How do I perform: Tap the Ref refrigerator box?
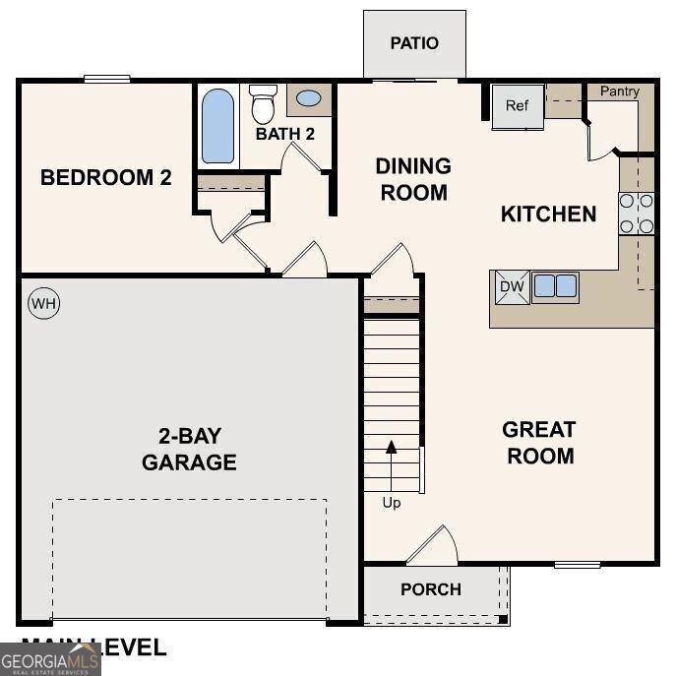[x=518, y=106]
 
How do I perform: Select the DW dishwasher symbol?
[x=511, y=286]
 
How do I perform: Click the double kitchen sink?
[x=554, y=286]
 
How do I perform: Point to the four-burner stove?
[x=637, y=214]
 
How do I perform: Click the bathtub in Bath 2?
[x=217, y=126]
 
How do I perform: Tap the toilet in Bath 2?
[x=263, y=103]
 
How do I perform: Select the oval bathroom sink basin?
[x=309, y=99]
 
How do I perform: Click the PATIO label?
[x=414, y=43]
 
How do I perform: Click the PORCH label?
[x=431, y=589]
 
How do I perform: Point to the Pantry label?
[x=620, y=92]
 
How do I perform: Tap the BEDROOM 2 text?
[x=106, y=178]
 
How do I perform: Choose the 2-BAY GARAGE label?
[x=189, y=449]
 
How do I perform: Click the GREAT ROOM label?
[x=538, y=443]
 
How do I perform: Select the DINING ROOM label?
[x=413, y=179]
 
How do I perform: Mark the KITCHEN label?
[x=548, y=214]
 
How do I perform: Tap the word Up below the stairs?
[x=392, y=503]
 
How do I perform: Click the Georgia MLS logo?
[x=49, y=657]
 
